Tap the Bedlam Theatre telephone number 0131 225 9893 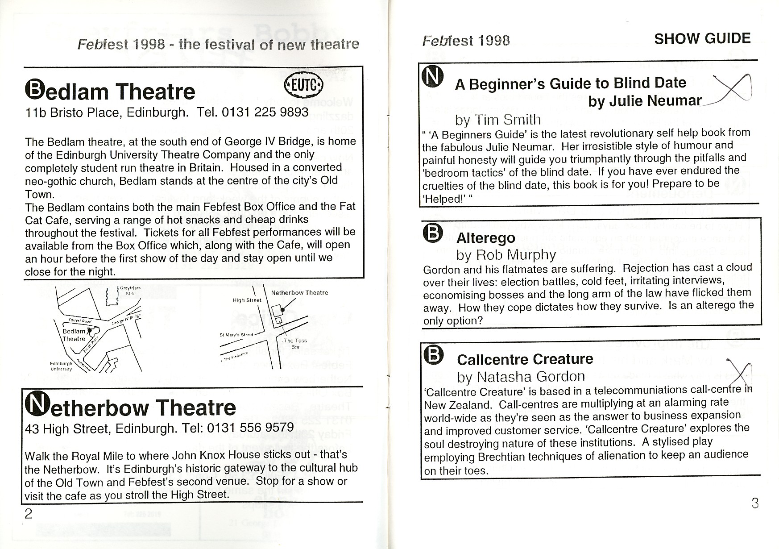pos(265,112)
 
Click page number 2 pos(28,514)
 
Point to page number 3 pos(754,503)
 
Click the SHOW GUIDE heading pos(702,39)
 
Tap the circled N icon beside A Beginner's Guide pos(432,77)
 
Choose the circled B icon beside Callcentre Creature pos(433,355)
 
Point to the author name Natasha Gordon pos(530,377)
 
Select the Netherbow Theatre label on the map pos(299,293)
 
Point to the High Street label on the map pos(247,300)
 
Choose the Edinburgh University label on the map pos(61,366)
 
